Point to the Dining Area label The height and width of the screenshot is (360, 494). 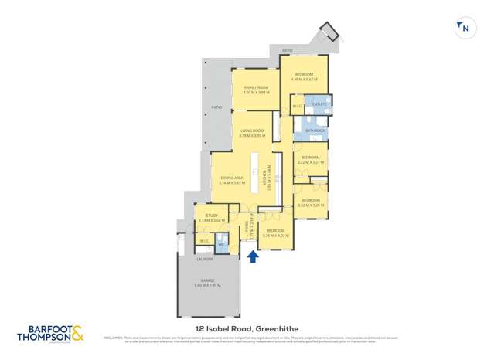coord(233,180)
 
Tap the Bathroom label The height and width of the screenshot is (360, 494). coord(315,131)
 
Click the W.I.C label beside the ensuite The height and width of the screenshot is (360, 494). coord(297,107)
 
